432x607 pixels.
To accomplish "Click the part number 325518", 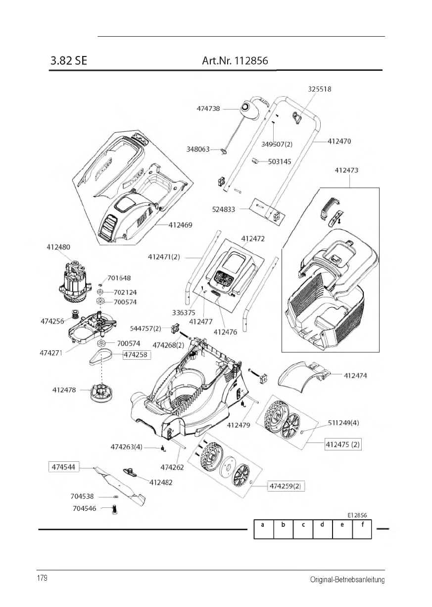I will (319, 90).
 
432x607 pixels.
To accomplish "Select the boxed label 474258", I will (137, 355).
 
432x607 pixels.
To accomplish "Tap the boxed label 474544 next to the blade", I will (63, 467).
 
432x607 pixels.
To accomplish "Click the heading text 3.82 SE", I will (68, 61).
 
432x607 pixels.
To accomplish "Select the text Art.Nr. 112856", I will (235, 61).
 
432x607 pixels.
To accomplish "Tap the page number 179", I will (42, 579).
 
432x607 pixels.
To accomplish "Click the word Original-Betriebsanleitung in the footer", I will (347, 580).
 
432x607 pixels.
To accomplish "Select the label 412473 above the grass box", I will (346, 170).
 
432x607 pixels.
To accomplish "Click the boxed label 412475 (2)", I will (343, 444).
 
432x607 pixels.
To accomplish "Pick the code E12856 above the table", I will (357, 515).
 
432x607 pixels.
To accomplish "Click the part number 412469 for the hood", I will (181, 225).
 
